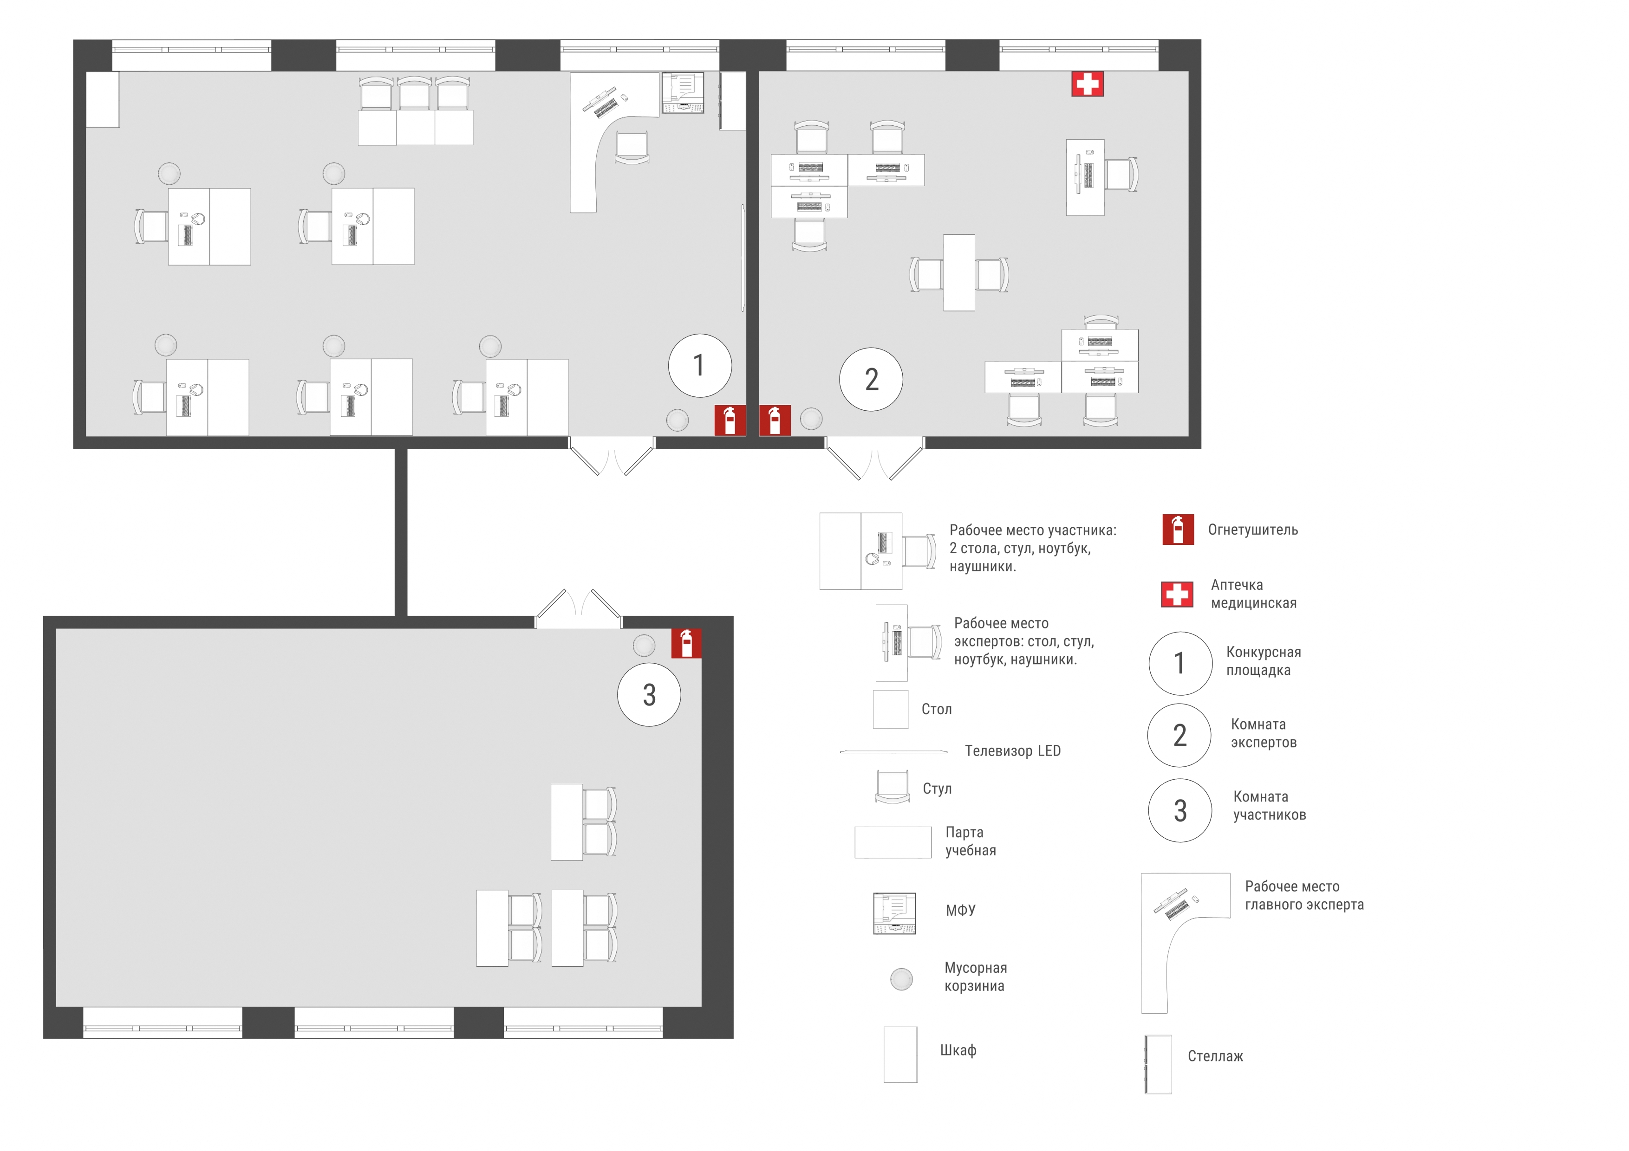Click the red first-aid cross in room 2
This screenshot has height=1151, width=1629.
pyautogui.click(x=1087, y=84)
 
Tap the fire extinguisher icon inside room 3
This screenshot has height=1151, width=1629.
pyautogui.click(x=686, y=643)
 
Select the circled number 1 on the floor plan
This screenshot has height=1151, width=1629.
pyautogui.click(x=699, y=365)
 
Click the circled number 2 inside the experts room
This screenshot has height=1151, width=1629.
pyautogui.click(x=871, y=379)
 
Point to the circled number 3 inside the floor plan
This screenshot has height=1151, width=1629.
pyautogui.click(x=649, y=694)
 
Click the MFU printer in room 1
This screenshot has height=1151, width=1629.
pyautogui.click(x=683, y=92)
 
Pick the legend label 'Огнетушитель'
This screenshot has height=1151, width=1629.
pyautogui.click(x=1253, y=530)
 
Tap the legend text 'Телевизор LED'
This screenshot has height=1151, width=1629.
pyautogui.click(x=1012, y=751)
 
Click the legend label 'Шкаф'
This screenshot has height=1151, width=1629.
pyautogui.click(x=958, y=1050)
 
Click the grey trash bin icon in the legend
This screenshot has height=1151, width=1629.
pyautogui.click(x=901, y=979)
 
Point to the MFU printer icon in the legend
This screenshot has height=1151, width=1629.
pyautogui.click(x=894, y=913)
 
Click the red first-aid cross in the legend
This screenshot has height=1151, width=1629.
pyautogui.click(x=1177, y=594)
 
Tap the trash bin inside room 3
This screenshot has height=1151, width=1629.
pyautogui.click(x=644, y=646)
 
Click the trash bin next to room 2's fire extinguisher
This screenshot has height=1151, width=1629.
pyautogui.click(x=811, y=419)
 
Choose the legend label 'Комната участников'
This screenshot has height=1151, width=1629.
pyautogui.click(x=1269, y=806)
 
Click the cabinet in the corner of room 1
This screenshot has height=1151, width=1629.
pyautogui.click(x=102, y=99)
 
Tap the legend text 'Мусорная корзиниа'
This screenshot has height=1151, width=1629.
pyautogui.click(x=976, y=976)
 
